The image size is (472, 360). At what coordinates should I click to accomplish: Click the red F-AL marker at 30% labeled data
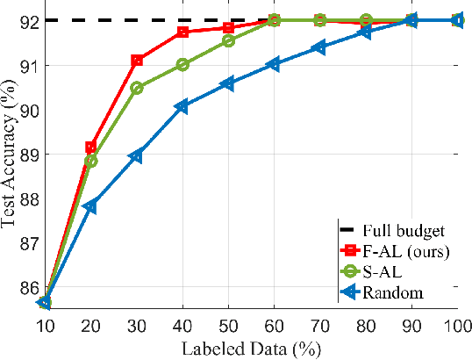137,60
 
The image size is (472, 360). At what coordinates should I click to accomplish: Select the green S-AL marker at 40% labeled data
182,64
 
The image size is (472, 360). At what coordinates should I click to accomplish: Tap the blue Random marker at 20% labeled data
90,206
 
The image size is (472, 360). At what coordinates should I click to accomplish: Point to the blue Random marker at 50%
228,83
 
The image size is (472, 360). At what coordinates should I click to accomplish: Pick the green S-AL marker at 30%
137,88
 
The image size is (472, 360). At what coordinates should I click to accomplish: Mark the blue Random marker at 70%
319,47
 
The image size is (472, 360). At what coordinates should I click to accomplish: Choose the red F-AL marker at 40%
182,32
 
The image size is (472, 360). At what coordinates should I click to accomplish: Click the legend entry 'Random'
397,292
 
